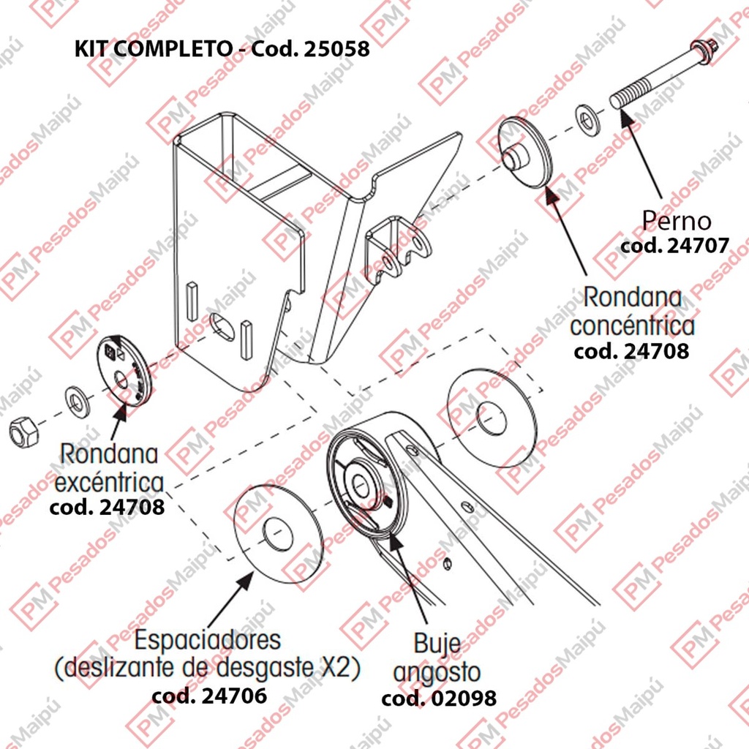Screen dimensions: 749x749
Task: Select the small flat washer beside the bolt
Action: click(x=587, y=119)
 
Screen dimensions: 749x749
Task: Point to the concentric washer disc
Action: click(x=525, y=152)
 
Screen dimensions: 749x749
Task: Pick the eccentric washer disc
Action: click(x=125, y=371)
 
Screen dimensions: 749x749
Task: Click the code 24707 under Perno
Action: click(x=674, y=246)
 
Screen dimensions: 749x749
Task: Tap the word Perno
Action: click(x=677, y=221)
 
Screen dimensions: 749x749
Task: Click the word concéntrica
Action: click(x=632, y=326)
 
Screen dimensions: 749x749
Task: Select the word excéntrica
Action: click(x=110, y=483)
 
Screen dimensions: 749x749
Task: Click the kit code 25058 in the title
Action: click(x=336, y=48)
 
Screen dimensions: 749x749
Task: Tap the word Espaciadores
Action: click(x=207, y=639)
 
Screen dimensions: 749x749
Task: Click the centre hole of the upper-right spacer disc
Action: click(x=491, y=419)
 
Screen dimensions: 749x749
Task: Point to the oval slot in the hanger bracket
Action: click(x=222, y=327)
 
